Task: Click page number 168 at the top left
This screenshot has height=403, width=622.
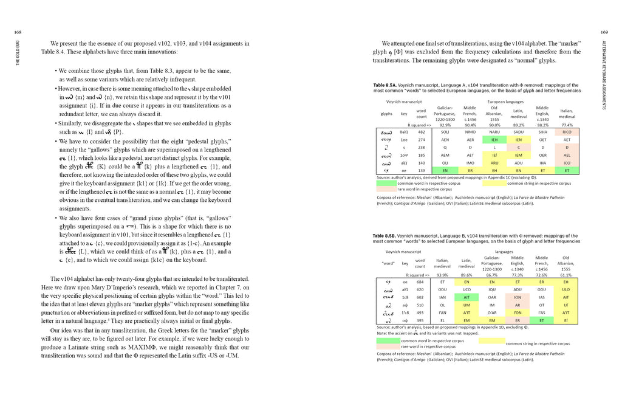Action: click(18, 33)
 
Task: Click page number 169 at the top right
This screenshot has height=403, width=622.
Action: click(604, 33)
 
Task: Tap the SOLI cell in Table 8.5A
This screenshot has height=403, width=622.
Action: click(445, 132)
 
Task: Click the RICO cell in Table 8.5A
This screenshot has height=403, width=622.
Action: click(566, 132)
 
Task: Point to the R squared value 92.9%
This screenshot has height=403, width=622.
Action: click(445, 124)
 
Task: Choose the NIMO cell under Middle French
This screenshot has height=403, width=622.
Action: click(470, 132)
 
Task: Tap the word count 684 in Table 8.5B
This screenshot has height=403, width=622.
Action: click(420, 282)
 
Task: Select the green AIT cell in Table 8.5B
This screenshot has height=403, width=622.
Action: click(466, 297)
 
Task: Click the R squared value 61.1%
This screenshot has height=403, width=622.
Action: click(566, 275)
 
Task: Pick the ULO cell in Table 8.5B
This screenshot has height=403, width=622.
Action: click(566, 290)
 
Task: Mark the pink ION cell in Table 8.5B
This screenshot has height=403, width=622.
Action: click(517, 297)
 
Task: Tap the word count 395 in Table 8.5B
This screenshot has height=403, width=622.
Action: click(420, 320)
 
